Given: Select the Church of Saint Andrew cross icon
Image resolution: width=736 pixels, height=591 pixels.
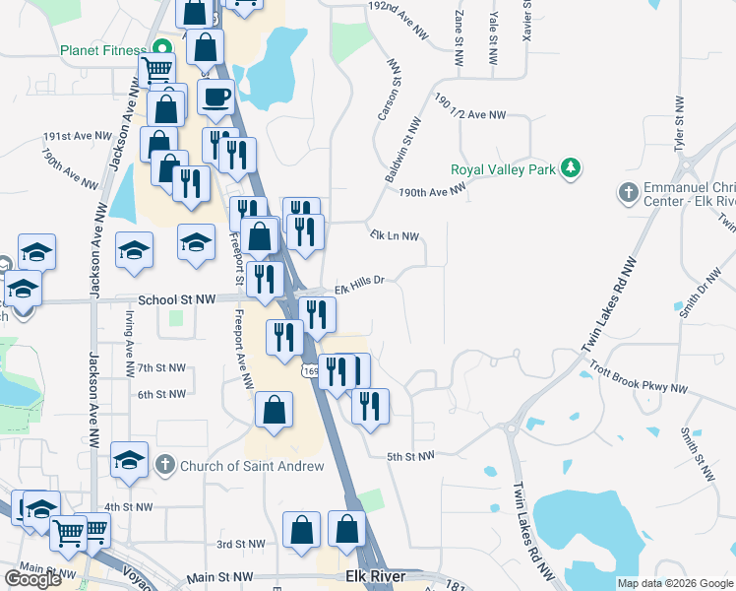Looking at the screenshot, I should tap(166, 464).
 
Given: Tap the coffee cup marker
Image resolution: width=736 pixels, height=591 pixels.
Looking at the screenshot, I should tap(215, 98).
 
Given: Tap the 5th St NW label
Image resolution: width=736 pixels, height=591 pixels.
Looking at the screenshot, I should tap(410, 456).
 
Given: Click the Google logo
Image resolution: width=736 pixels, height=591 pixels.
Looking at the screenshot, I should tap(32, 579).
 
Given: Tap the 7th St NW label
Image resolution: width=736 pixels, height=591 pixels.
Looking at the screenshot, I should tap(161, 367).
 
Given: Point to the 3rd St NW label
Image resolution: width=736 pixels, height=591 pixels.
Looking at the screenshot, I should tap(241, 544).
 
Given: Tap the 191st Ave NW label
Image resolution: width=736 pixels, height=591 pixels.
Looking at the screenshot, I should tap(78, 136).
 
